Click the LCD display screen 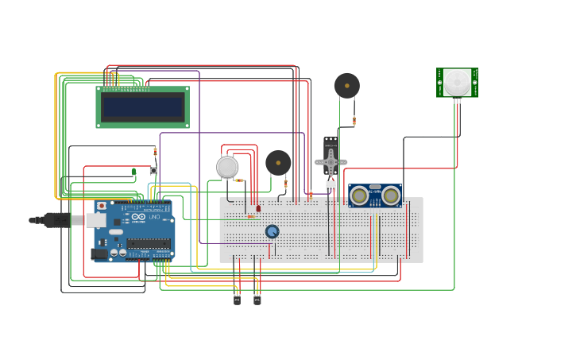tap(143, 106)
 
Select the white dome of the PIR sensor tap(457, 81)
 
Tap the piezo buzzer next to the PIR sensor tap(346, 85)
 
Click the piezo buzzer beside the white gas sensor tap(278, 162)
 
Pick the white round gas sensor tap(227, 167)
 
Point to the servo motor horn tap(331, 162)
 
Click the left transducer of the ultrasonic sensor tap(359, 195)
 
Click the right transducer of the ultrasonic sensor tap(391, 195)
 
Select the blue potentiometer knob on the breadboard tap(272, 231)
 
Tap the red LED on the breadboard tap(258, 208)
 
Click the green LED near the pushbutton tap(133, 171)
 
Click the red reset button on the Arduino tap(101, 206)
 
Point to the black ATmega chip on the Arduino tap(148, 243)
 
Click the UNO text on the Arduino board tap(154, 217)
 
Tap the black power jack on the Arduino tap(99, 254)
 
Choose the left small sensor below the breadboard tap(237, 299)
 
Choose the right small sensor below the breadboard tap(257, 299)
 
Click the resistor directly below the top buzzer tap(354, 121)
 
